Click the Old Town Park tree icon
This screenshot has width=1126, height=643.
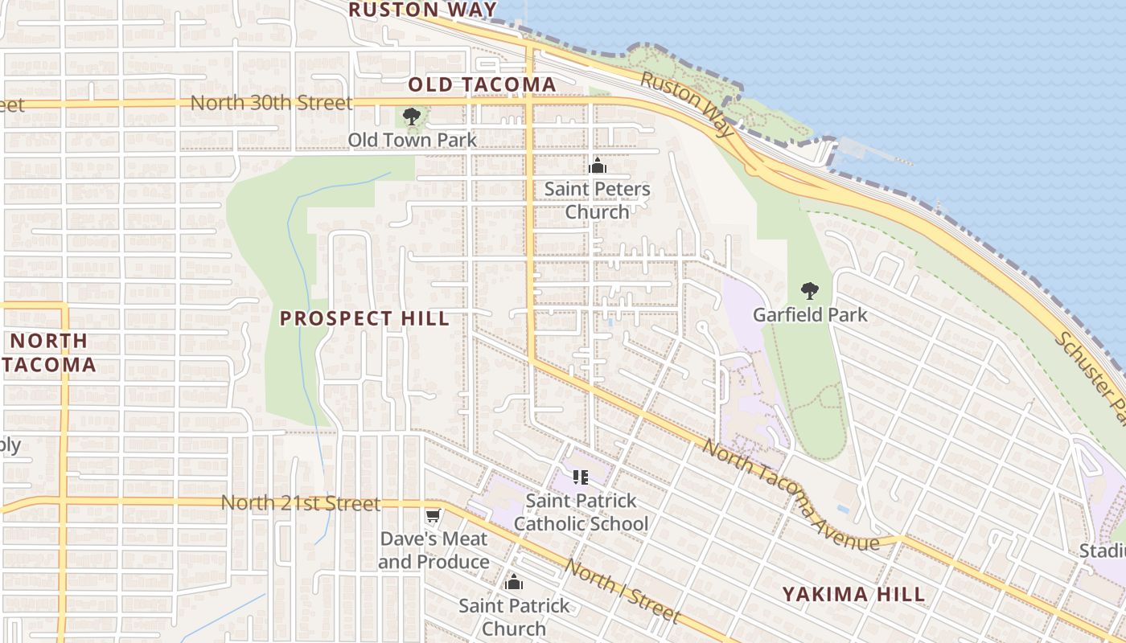tap(412, 117)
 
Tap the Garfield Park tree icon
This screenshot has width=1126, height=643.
tap(810, 291)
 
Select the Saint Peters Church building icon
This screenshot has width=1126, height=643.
tap(597, 166)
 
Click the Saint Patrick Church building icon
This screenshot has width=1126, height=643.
tap(514, 583)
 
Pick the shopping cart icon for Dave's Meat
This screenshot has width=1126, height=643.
tap(434, 515)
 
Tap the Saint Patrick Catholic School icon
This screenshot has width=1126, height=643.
tap(581, 477)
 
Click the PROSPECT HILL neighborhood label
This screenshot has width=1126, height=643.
tap(364, 318)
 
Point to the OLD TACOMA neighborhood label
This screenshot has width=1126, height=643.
tap(482, 84)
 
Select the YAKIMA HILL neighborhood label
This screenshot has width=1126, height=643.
tap(854, 595)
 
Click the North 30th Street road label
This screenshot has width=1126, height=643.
tap(271, 103)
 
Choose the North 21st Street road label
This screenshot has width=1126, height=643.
tap(300, 503)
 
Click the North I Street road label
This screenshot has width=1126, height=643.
tap(621, 591)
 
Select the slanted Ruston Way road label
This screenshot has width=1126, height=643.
tap(687, 103)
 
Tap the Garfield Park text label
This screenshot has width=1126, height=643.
tap(810, 314)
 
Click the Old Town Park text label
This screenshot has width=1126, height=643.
tap(412, 140)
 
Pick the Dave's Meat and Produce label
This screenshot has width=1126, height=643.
tap(434, 551)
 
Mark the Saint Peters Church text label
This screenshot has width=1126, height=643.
tap(597, 200)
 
